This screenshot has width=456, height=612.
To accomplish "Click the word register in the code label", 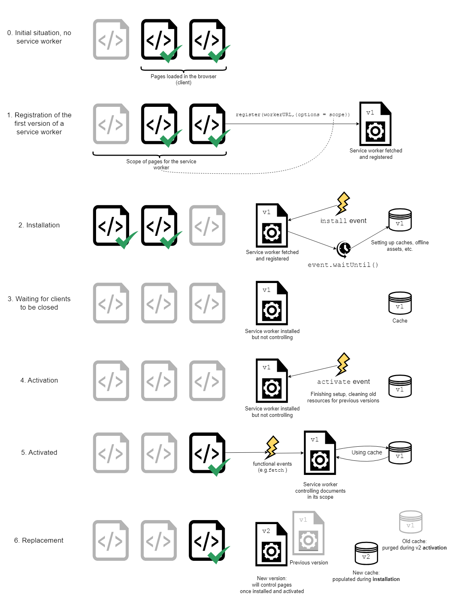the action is pyautogui.click(x=248, y=114).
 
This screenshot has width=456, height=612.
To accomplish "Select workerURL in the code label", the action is pyautogui.click(x=278, y=114).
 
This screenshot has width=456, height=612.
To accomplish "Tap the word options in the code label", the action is pyautogui.click(x=309, y=114).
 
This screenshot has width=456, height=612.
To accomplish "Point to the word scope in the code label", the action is pyautogui.click(x=337, y=114).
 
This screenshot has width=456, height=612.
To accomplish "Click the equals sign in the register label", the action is pyautogui.click(x=324, y=114).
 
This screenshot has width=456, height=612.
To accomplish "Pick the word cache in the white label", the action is pyautogui.click(x=374, y=452).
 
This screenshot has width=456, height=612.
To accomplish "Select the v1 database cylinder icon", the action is pyautogui.click(x=410, y=522).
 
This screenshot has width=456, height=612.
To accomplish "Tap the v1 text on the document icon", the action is pyautogui.click(x=303, y=520).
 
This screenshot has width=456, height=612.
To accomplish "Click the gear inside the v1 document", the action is pyautogui.click(x=308, y=540).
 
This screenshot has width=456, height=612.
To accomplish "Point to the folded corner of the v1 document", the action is pyautogui.click(x=319, y=517).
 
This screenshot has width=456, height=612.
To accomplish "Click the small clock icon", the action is pyautogui.click(x=345, y=248).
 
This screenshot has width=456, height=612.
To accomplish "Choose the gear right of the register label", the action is pyautogui.click(x=375, y=131).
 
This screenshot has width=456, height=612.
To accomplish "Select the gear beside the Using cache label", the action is pyautogui.click(x=320, y=460).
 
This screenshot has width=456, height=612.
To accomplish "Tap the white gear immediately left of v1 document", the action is pyautogui.click(x=272, y=551).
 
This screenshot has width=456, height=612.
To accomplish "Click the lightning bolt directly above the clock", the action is pyautogui.click(x=343, y=202).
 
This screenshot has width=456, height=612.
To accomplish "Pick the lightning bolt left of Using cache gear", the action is pyautogui.click(x=272, y=446).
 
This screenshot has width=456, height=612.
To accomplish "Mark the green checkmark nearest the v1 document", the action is pyautogui.click(x=219, y=555).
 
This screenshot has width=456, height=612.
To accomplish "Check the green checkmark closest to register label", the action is pyautogui.click(x=219, y=138).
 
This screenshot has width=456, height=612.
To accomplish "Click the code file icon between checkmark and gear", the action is pyautogui.click(x=207, y=225).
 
